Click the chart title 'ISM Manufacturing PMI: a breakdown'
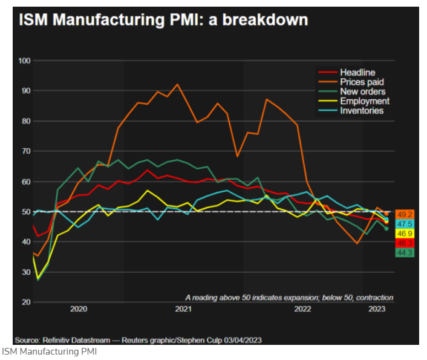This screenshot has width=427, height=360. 163,20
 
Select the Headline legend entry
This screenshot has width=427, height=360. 357,73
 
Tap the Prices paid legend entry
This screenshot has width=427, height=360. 362,82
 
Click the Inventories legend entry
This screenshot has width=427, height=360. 362,111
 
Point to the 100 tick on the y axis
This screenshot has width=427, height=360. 24,61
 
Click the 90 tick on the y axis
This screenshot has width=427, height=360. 25,91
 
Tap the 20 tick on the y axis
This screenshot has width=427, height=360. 25,302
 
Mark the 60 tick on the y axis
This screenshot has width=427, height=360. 25,182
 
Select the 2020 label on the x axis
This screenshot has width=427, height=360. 79,309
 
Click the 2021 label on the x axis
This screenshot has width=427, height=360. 183,309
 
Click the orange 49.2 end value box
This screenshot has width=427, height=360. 405,215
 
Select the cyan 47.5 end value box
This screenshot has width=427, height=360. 405,224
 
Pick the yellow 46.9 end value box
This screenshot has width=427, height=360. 405,234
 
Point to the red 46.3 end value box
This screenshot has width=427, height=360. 405,243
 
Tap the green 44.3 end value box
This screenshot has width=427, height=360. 405,252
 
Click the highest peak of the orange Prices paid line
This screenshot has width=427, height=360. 177,85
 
